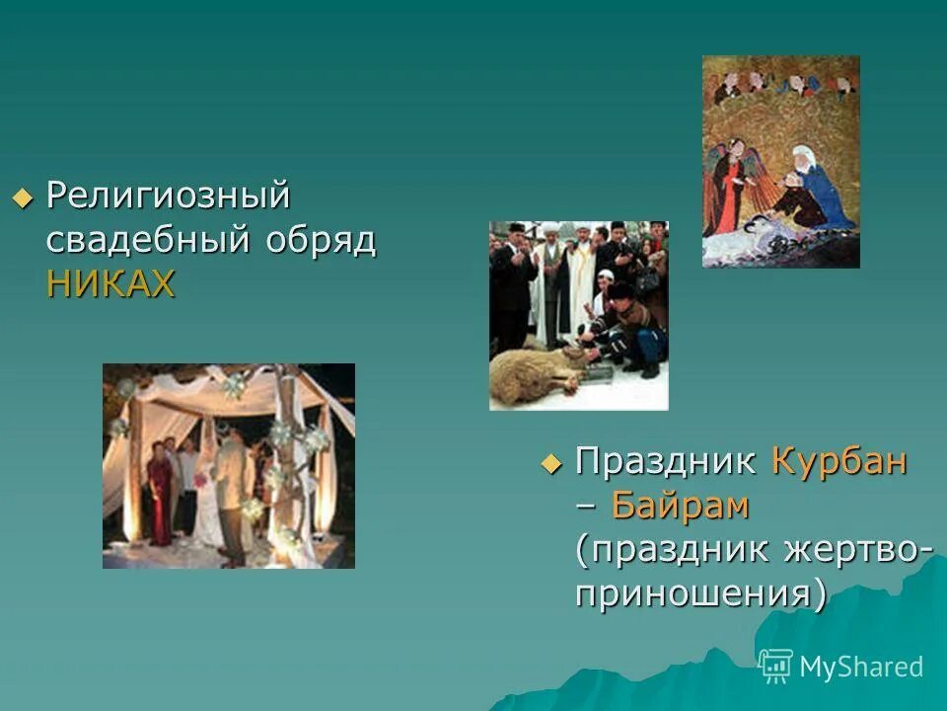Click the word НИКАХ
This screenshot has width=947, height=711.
click(x=110, y=284)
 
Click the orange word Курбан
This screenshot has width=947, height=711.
click(x=838, y=461)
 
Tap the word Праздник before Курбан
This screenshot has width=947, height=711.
click(x=667, y=461)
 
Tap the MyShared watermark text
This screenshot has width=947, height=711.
click(x=861, y=667)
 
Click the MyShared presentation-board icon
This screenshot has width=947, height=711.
click(x=776, y=666)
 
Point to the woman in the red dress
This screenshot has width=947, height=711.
click(x=158, y=499)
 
